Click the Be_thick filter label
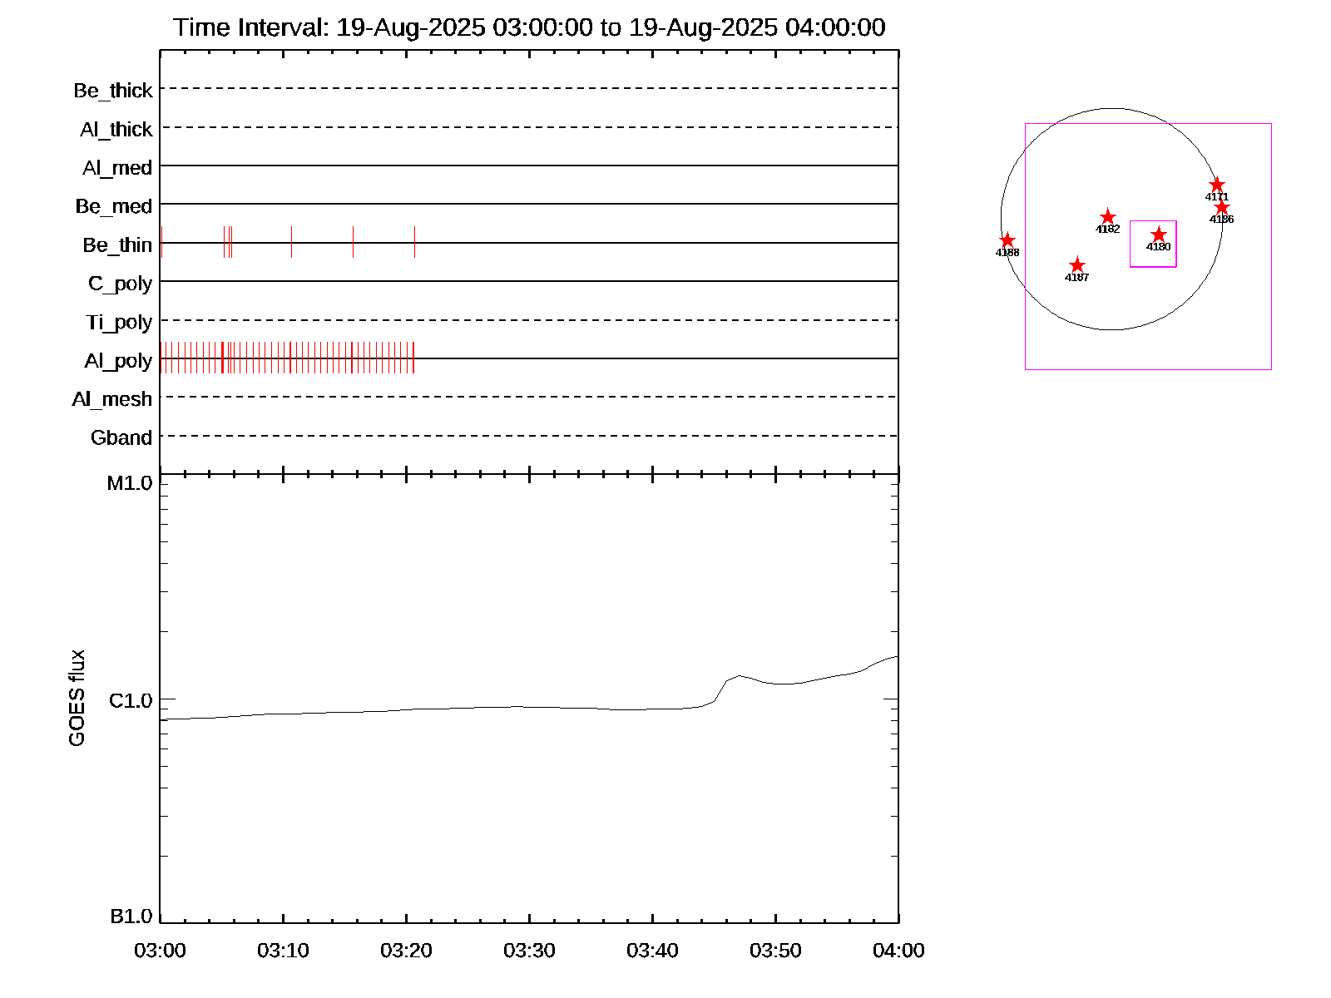[113, 91]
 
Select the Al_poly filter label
[118, 361]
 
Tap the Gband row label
[121, 438]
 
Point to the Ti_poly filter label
[119, 323]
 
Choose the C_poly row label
[120, 284]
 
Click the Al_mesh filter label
[112, 399]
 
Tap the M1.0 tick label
[130, 483]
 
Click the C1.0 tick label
[131, 701]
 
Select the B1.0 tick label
[131, 916]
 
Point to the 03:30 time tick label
[529, 951]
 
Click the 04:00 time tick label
[898, 951]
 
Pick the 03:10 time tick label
[283, 951]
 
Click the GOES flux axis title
[77, 699]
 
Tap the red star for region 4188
[1007, 240]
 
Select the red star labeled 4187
[1077, 265]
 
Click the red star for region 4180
[1159, 235]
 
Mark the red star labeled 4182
[1108, 217]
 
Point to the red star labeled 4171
[1217, 185]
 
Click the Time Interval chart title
[529, 27]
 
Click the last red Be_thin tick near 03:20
[414, 242]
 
